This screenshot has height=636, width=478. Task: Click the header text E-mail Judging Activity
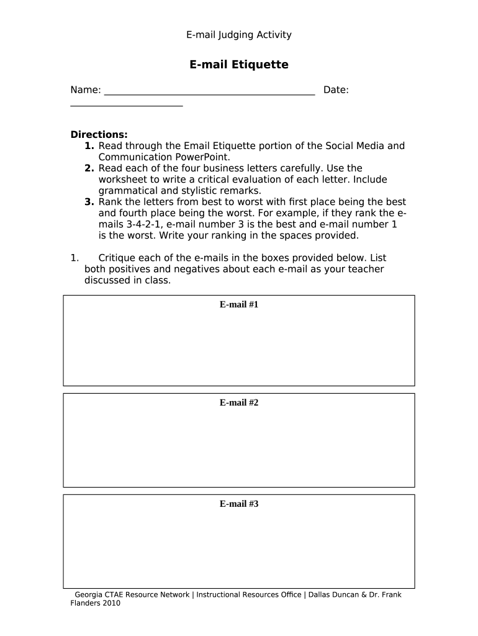[x=238, y=35]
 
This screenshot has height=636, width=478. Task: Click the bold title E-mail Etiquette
[x=238, y=65]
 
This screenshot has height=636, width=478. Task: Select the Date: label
[x=336, y=90]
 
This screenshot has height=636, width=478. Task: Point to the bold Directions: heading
[x=99, y=134]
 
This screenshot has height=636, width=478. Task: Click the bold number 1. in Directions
[x=89, y=146]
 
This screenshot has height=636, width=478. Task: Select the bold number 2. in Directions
[x=89, y=168]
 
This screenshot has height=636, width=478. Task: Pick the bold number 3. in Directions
[x=89, y=202]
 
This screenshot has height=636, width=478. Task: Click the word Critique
[x=119, y=258]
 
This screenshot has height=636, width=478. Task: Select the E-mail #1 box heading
[x=238, y=304]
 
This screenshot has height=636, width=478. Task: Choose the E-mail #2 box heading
[x=238, y=402]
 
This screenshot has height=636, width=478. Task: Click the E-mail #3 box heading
[x=238, y=504]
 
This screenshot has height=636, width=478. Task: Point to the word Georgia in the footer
[x=88, y=594]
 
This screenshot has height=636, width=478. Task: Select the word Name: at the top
[x=86, y=90]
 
